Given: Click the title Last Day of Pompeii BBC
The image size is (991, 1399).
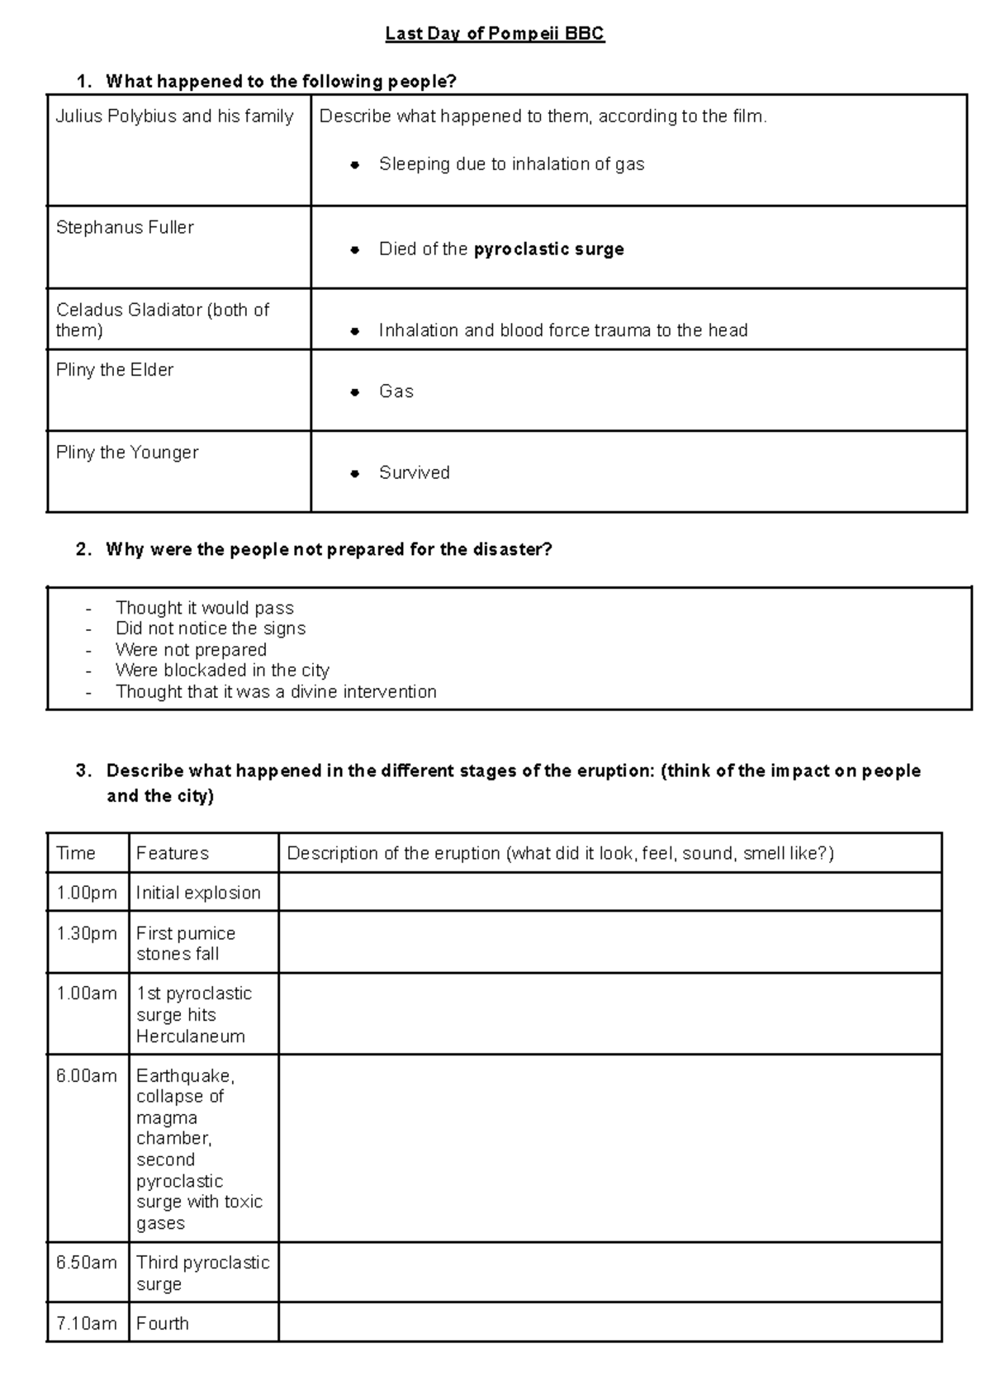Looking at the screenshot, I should pyautogui.click(x=495, y=34).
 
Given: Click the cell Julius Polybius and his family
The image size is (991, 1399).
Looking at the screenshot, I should pyautogui.click(x=174, y=116).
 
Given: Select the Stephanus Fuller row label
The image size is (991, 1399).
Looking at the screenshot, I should pyautogui.click(x=125, y=228).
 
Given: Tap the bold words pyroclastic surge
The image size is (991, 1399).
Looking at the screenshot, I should pyautogui.click(x=548, y=249).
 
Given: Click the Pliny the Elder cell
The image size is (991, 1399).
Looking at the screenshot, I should pyautogui.click(x=115, y=370).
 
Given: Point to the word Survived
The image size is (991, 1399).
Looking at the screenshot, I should pyautogui.click(x=414, y=473).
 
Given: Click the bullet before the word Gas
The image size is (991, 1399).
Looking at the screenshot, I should pyautogui.click(x=354, y=392).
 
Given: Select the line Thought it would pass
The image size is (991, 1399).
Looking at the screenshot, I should pyautogui.click(x=204, y=608).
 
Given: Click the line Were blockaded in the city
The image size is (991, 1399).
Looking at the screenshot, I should pyautogui.click(x=222, y=671).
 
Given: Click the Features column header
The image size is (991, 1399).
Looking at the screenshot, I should pyautogui.click(x=172, y=853).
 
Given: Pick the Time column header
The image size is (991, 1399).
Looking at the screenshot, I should pyautogui.click(x=76, y=853).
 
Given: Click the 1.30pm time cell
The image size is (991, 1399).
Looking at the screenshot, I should pyautogui.click(x=87, y=934).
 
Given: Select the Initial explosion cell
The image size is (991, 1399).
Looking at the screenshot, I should pyautogui.click(x=198, y=893).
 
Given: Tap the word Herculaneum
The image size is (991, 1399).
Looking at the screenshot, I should pyautogui.click(x=190, y=1036).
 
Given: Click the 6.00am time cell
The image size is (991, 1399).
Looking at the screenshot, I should pyautogui.click(x=87, y=1076).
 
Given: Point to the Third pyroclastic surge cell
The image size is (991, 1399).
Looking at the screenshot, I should pyautogui.click(x=202, y=1273).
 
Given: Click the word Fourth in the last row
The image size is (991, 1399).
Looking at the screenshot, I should pyautogui.click(x=163, y=1324).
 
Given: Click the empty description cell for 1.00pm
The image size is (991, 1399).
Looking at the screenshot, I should pyautogui.click(x=609, y=893).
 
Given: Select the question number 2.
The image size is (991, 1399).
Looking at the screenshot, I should pyautogui.click(x=83, y=550).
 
